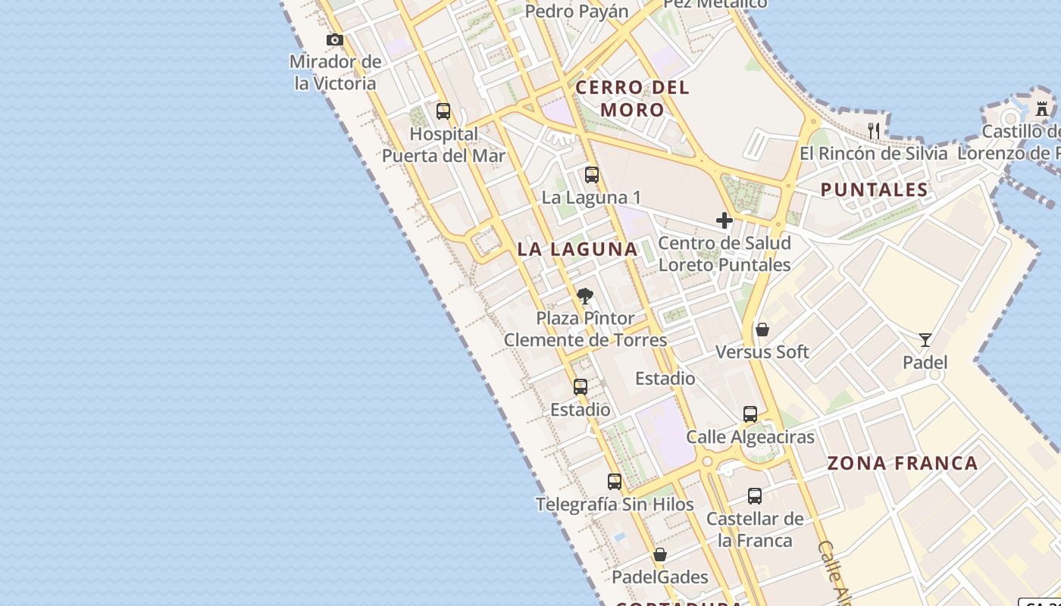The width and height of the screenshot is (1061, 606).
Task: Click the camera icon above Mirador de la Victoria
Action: point(335,39)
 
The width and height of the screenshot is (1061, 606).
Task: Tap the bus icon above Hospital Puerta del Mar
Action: point(443,111)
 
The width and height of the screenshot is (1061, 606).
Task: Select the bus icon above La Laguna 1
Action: point(592,175)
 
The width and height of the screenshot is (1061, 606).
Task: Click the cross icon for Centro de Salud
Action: point(725,220)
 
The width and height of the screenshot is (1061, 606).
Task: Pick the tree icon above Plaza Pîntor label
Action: point(584,296)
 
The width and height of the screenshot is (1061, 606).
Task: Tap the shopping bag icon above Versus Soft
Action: point(762,330)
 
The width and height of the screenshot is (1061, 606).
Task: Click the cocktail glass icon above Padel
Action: point(925,339)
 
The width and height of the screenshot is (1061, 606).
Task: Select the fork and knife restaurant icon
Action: point(874,130)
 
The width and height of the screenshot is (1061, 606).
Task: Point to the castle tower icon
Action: point(1043,108)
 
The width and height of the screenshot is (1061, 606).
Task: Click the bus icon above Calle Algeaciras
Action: point(750,414)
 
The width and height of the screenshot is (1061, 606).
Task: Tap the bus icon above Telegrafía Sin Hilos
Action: point(615,481)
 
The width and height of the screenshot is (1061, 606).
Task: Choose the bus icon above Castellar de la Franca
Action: point(755,496)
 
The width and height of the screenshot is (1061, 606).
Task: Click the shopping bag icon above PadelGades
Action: point(660,554)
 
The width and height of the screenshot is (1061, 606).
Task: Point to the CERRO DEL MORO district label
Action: point(632,98)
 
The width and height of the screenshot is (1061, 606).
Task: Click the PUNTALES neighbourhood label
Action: point(875,189)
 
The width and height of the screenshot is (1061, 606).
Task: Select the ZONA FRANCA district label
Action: point(902,463)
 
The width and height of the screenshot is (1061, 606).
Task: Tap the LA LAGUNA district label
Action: point(577,248)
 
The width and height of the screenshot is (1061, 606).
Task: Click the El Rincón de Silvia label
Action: point(873,153)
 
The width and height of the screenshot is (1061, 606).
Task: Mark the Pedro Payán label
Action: point(577,11)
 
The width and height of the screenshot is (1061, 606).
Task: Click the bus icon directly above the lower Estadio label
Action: point(581,387)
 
